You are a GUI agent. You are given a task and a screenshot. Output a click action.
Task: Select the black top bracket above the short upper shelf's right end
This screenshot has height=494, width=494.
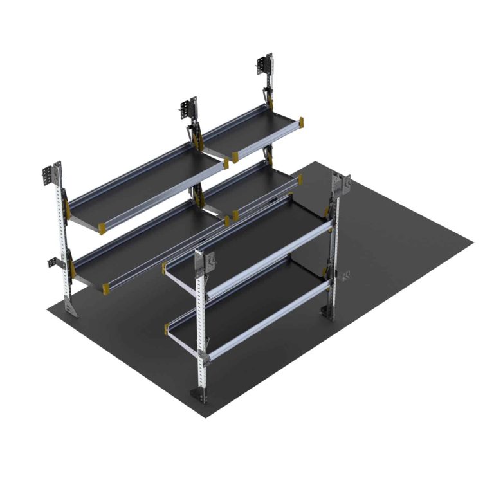tap(265, 64)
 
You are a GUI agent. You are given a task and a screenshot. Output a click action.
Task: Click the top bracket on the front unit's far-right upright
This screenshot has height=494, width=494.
tap(340, 183)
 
